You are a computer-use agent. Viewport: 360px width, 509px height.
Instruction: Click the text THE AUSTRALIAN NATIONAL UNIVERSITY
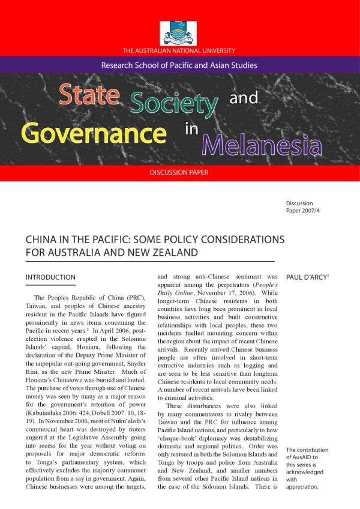coord(179,49)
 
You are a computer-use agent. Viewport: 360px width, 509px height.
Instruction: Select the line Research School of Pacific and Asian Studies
coord(179,65)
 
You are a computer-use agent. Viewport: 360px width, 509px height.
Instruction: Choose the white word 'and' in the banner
coord(244,97)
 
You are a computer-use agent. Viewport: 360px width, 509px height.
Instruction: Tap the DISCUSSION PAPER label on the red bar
coord(179,172)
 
